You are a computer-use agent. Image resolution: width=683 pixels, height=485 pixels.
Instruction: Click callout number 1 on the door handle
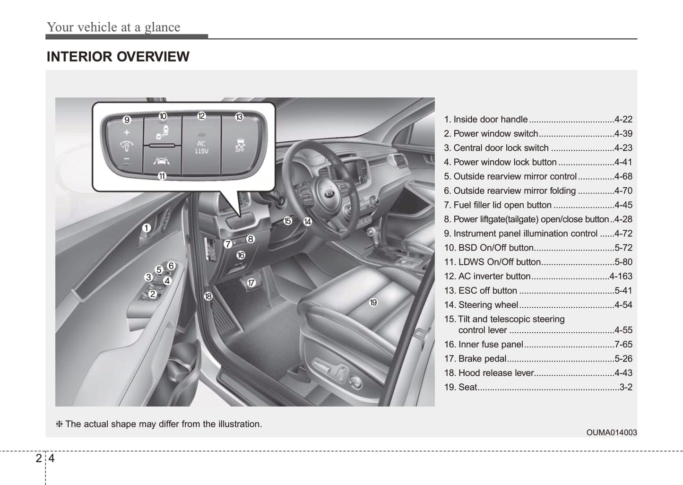(147, 228)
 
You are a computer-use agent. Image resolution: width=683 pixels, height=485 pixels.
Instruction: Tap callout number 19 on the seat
(373, 303)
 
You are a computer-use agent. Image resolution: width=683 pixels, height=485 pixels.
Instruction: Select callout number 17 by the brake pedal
(251, 283)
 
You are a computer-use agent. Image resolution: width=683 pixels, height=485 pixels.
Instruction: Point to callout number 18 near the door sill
(208, 296)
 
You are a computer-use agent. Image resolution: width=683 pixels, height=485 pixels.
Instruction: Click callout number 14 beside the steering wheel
(308, 221)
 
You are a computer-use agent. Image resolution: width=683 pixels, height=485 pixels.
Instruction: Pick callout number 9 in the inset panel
(127, 120)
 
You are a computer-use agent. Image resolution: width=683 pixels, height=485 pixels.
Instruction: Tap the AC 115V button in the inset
(201, 147)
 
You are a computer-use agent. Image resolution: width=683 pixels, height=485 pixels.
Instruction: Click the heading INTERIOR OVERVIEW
(118, 57)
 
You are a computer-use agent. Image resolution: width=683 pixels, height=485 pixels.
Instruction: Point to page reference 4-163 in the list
(621, 276)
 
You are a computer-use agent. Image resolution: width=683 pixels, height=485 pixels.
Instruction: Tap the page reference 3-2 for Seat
(626, 387)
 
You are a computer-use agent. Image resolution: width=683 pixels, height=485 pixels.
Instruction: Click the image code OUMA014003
(611, 433)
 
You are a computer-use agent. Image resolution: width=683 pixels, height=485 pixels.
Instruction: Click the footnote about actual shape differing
(159, 424)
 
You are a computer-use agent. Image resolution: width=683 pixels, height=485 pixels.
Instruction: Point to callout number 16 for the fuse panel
(241, 255)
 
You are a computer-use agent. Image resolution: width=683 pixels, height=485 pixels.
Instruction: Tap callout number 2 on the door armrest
(152, 294)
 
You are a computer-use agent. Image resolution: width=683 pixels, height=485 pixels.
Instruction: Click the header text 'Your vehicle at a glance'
(113, 27)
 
